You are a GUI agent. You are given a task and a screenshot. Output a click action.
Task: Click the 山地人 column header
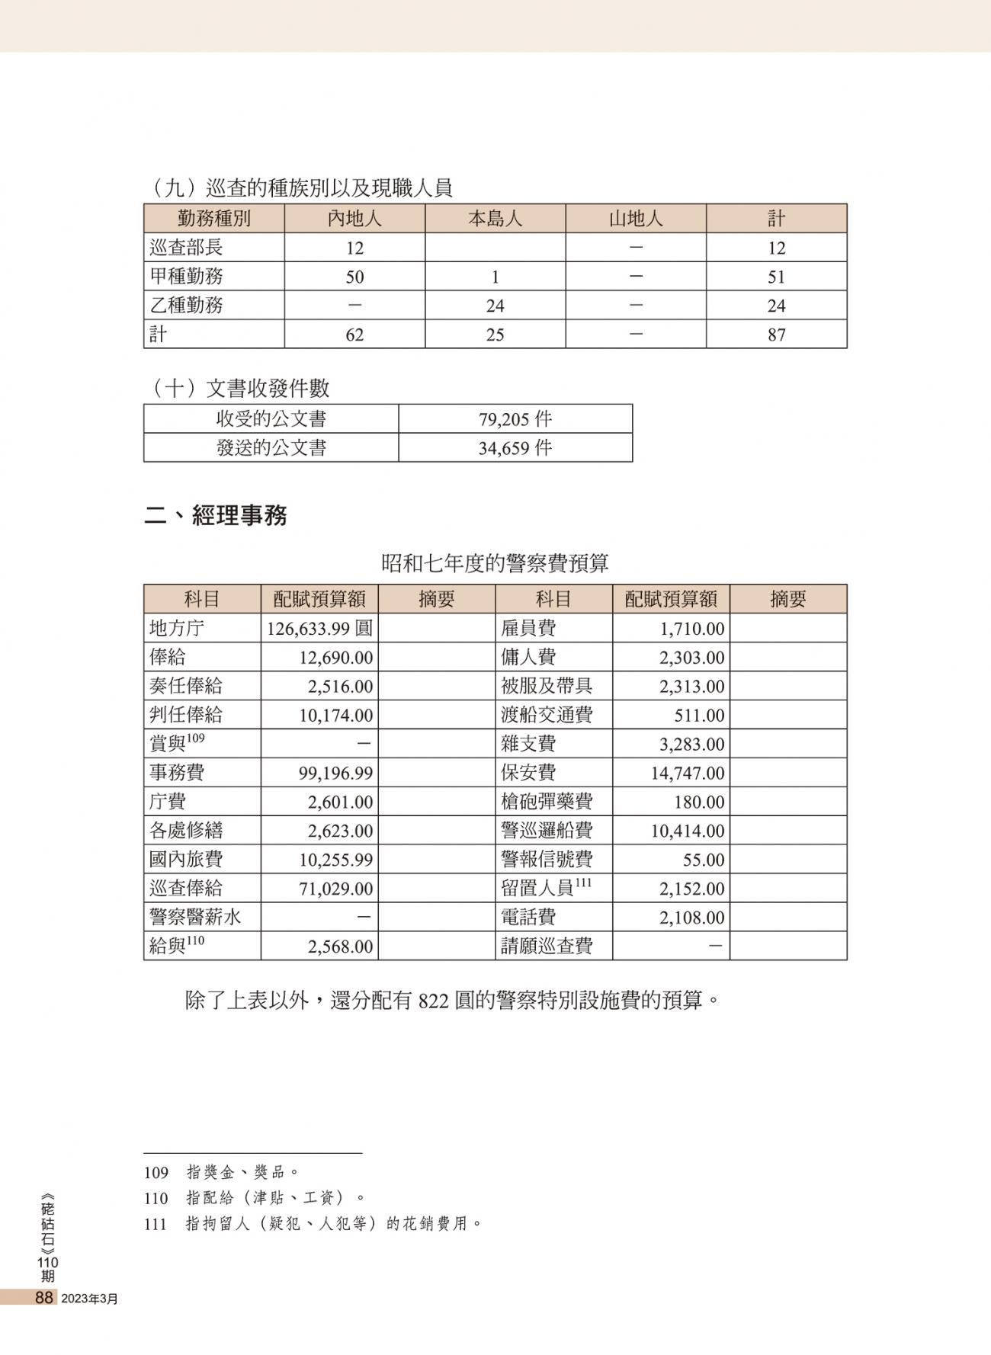636,219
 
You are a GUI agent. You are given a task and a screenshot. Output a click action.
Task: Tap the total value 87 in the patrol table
776,335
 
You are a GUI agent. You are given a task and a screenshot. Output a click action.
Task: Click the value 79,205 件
515,419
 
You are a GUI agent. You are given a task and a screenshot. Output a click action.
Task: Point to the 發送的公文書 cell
271,448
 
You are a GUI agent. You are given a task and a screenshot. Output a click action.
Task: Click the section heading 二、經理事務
216,516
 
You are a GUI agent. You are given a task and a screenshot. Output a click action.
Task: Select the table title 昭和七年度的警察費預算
495,563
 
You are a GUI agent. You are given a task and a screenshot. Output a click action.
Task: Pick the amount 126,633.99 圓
320,629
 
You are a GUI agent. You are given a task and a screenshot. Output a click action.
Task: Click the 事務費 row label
177,773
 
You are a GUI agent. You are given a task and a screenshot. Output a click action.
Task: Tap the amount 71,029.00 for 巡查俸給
336,889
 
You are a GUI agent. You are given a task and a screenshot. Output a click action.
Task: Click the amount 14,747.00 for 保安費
687,774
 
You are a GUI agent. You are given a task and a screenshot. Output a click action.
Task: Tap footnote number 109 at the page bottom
156,1172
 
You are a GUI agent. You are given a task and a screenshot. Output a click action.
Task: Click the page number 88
43,1298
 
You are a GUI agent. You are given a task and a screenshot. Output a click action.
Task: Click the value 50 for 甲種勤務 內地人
354,277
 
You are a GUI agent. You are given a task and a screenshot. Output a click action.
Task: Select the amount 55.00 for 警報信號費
703,860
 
